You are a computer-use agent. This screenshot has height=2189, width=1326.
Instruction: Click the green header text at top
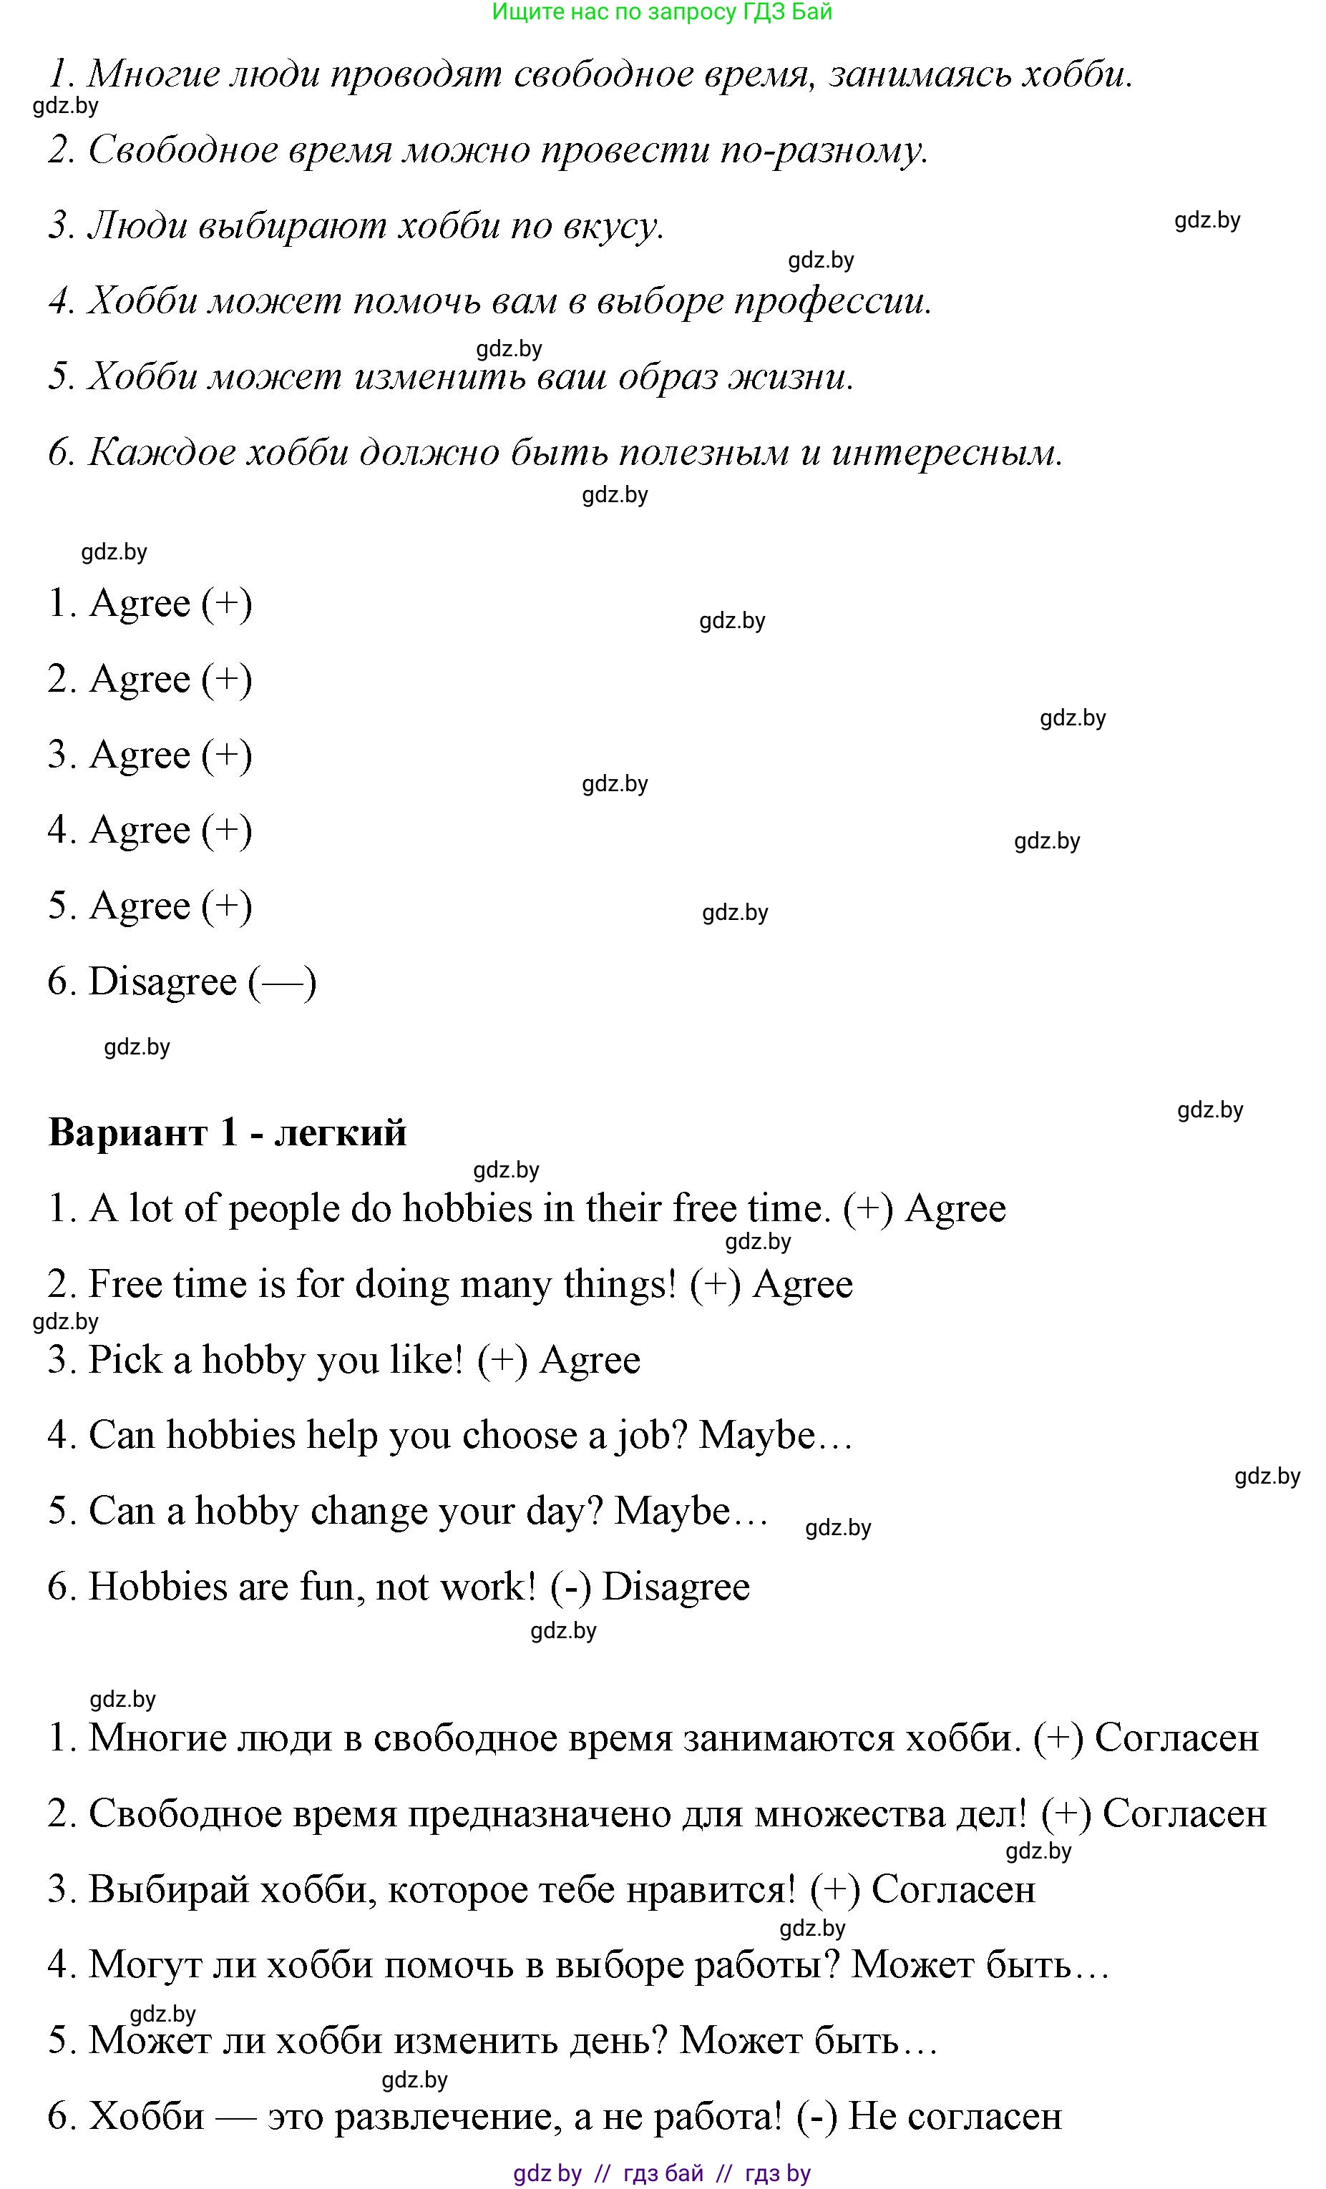662,12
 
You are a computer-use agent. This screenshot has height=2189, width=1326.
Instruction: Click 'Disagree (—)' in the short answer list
202,981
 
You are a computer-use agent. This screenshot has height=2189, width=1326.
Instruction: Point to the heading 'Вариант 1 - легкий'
228,1132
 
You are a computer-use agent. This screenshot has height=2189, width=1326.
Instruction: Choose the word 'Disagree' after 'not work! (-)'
676,1587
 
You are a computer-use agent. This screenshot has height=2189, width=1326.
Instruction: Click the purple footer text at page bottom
662,2173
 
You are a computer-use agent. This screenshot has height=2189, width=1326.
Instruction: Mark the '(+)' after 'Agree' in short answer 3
227,755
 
